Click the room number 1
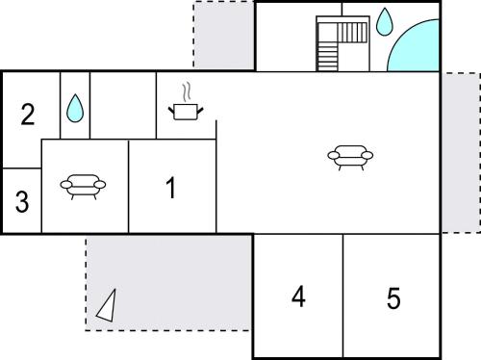pyautogui.click(x=171, y=188)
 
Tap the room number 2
pyautogui.click(x=28, y=114)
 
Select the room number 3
pyautogui.click(x=22, y=201)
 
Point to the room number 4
pyautogui.click(x=298, y=296)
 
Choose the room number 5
pyautogui.click(x=393, y=298)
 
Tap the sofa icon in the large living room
pyautogui.click(x=350, y=157)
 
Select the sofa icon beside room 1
pyautogui.click(x=83, y=187)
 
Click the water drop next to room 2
pyautogui.click(x=75, y=108)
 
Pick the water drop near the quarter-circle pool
pyautogui.click(x=384, y=21)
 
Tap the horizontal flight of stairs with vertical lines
pyautogui.click(x=352, y=32)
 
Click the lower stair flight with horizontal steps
pyautogui.click(x=328, y=57)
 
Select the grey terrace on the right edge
pyautogui.click(x=461, y=153)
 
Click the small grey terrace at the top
pyautogui.click(x=224, y=35)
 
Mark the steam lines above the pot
pyautogui.click(x=187, y=92)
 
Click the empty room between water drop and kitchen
pyautogui.click(x=123, y=106)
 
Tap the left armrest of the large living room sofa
pyautogui.click(x=334, y=156)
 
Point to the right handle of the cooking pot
pyautogui.click(x=200, y=111)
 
